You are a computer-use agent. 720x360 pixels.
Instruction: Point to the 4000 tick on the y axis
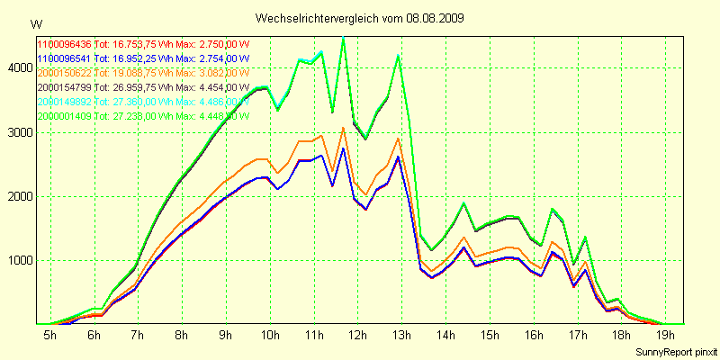coord(17,67)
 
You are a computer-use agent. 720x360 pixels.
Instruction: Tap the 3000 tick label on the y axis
coord(17,132)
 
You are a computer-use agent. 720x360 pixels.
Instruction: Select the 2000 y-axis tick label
coord(17,196)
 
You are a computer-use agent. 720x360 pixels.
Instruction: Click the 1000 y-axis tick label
coord(17,261)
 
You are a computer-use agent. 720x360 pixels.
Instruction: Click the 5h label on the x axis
coord(50,335)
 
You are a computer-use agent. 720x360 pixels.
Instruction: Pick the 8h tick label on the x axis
coord(182,335)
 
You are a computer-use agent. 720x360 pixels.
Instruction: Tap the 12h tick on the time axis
coord(357,335)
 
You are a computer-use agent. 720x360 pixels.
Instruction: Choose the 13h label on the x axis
coord(401,335)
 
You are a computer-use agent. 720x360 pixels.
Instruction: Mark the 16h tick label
coord(533,335)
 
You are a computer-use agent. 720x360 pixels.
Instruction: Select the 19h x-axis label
coord(664,335)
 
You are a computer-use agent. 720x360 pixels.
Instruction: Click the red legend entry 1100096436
coord(65,43)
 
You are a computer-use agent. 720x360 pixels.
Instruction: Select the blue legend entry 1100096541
coord(65,58)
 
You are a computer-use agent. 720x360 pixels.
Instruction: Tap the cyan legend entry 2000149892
coord(65,102)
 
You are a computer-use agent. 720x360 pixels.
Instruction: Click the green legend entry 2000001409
coord(65,116)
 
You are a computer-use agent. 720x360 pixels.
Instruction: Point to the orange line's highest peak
coord(343,128)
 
